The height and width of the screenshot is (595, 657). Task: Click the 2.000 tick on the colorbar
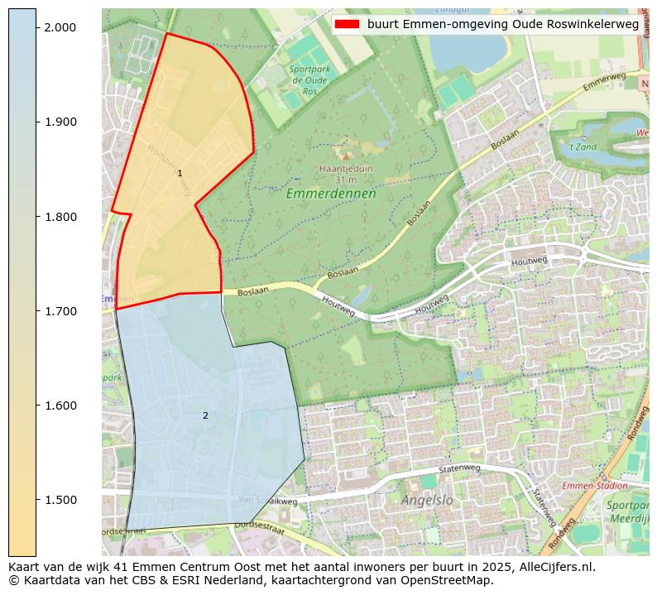click(37, 27)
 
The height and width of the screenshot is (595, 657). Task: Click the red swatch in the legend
click(348, 24)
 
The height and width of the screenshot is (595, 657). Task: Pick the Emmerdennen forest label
click(331, 194)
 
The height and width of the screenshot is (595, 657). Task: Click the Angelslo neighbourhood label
click(427, 500)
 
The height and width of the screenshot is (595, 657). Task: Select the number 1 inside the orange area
click(180, 173)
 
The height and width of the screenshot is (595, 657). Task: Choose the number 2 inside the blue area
click(205, 415)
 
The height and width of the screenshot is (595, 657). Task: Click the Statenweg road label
click(459, 469)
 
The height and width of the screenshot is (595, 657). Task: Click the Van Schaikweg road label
click(268, 501)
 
